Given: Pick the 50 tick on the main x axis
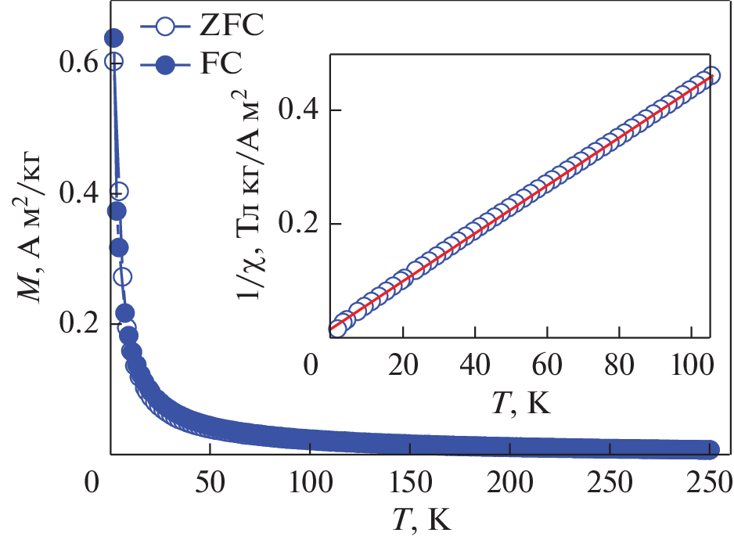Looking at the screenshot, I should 210,479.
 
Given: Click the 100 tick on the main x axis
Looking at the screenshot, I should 309,479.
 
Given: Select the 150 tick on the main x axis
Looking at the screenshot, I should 409,479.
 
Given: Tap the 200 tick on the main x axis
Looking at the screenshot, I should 509,479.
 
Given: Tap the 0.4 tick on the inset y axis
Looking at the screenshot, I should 305,110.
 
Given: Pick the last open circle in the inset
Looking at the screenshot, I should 711,76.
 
